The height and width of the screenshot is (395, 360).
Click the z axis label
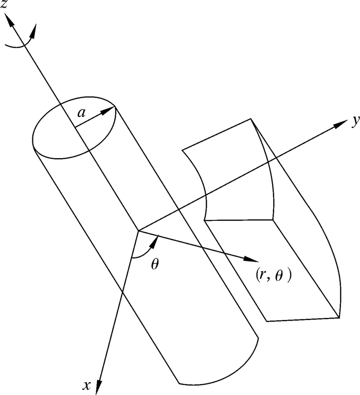click(x=6, y=7)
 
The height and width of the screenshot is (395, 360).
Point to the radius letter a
click(x=81, y=111)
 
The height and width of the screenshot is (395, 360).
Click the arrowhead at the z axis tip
click(x=9, y=21)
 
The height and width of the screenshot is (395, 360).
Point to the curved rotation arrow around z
click(x=21, y=43)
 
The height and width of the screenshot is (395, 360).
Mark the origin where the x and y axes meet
click(x=138, y=231)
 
